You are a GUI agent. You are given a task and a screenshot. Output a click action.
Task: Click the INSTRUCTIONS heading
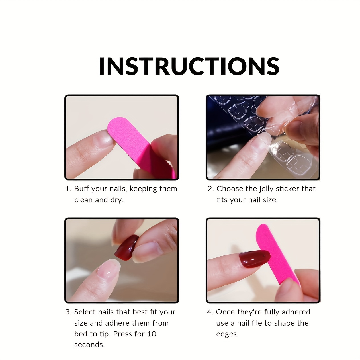(189, 66)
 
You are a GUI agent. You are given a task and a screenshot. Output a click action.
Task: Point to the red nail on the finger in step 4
(255, 259)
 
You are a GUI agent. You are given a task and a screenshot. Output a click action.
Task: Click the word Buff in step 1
(81, 189)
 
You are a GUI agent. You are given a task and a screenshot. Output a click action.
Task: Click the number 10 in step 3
(152, 334)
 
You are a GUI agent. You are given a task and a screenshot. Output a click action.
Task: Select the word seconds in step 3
(89, 345)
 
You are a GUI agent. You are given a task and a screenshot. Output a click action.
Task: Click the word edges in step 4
(227, 334)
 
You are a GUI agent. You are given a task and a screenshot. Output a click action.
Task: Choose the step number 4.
(210, 312)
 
